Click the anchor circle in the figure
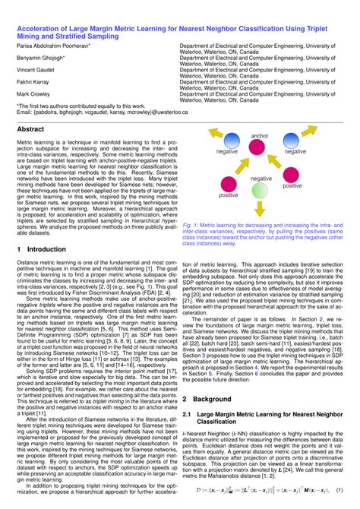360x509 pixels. point(260,148)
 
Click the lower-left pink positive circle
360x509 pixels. point(228,183)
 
